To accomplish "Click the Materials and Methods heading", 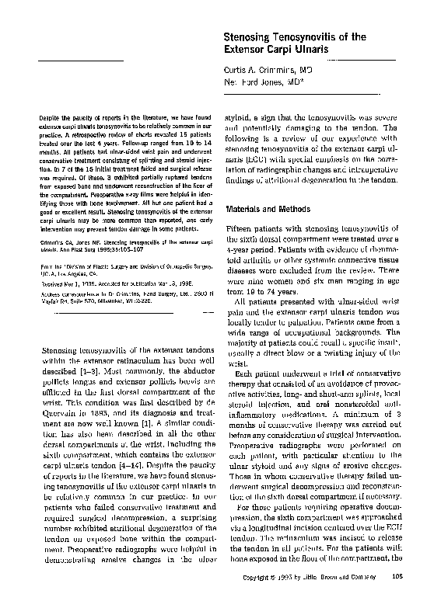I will pos(268,210).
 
